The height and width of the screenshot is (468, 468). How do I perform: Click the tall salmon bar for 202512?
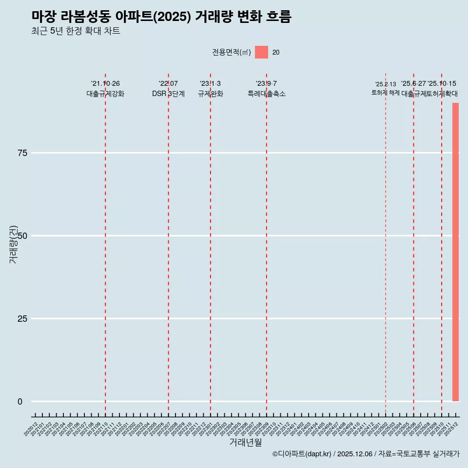pos(455,252)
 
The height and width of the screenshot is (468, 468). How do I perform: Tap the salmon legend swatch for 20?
pos(261,52)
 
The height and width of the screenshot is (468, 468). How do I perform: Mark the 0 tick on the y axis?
pos(20,402)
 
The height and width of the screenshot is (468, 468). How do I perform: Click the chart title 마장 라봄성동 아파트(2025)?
pos(161,17)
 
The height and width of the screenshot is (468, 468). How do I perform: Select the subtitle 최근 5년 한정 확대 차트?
pos(76,31)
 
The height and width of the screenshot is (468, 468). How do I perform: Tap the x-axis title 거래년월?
pos(246,443)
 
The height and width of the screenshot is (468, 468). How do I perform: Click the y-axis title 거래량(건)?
pos(13,244)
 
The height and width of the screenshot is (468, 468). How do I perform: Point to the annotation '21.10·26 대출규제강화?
pos(105,89)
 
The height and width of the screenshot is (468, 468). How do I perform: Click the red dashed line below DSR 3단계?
pos(168,244)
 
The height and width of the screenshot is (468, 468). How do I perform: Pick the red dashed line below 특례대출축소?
pos(266,244)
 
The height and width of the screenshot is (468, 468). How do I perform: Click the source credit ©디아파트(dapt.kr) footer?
pos(366,454)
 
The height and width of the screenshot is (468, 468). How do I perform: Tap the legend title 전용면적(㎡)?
pos(231,52)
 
